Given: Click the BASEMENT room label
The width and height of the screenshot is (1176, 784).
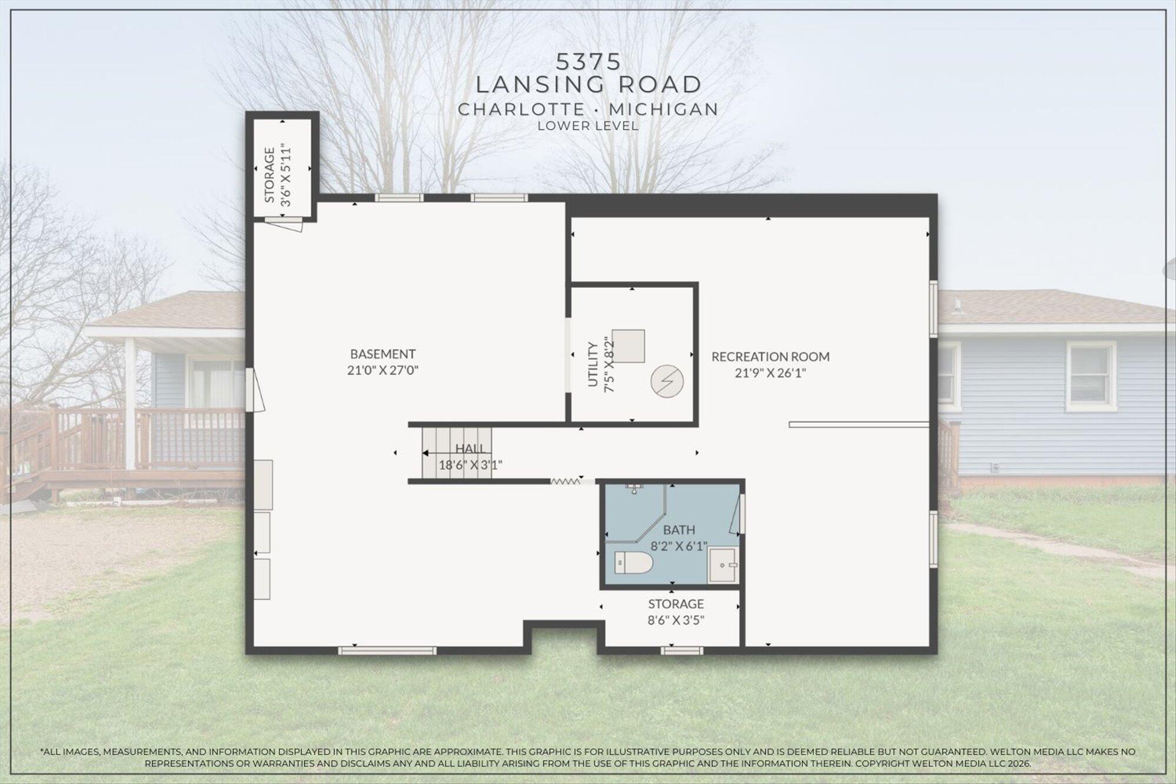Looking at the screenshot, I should point(383,354).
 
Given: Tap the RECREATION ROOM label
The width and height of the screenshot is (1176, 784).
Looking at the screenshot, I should point(770,356).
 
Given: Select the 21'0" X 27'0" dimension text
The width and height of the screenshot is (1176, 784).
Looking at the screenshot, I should point(383,371).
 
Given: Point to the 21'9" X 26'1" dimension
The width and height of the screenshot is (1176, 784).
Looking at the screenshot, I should point(770,373).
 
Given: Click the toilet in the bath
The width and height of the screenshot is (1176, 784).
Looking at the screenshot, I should point(633,563).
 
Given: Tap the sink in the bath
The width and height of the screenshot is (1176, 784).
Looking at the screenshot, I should point(723,565).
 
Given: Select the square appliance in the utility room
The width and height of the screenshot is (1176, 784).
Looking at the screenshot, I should point(628,346).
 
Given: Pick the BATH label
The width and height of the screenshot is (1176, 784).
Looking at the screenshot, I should point(679,531).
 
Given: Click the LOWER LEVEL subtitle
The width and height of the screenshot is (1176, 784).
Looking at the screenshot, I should point(588,125).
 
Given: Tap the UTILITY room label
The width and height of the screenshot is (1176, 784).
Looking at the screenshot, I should point(593,365).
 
